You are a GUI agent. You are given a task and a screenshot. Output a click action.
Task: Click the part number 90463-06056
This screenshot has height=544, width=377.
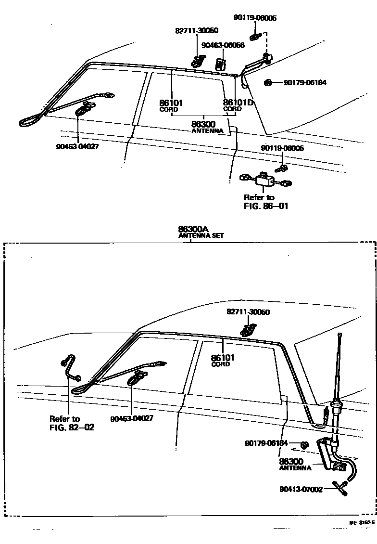[x=223, y=45]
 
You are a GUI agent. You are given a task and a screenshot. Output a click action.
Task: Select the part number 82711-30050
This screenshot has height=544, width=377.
[x=196, y=31]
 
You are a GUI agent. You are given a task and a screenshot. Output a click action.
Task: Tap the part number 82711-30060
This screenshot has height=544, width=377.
[x=248, y=312]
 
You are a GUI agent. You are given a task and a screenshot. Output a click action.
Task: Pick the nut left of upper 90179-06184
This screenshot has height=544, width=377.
[x=268, y=83]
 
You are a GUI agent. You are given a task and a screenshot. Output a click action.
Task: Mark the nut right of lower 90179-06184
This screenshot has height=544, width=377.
[x=304, y=444]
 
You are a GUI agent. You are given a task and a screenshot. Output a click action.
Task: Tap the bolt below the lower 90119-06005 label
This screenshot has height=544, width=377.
[x=282, y=168]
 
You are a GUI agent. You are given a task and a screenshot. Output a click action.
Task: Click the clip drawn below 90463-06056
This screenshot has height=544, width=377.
[x=221, y=63]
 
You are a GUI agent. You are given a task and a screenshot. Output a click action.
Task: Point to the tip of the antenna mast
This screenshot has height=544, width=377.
[x=340, y=335]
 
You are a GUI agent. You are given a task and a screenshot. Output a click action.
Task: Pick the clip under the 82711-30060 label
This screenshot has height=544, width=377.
[x=248, y=330]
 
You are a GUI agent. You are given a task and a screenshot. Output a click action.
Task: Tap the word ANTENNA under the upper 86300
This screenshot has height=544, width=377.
[x=207, y=131]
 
